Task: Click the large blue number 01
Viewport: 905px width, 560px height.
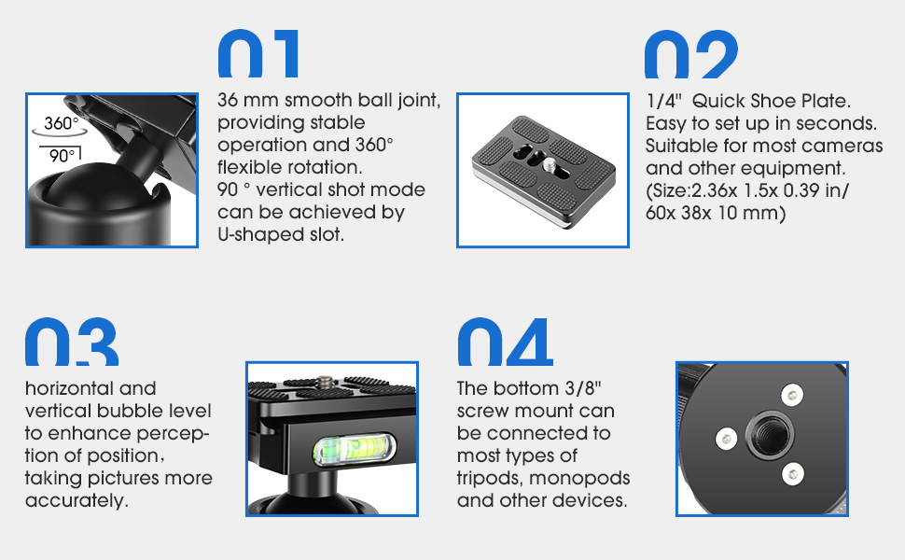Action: (x=258, y=54)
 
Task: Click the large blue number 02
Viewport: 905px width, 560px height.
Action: (x=690, y=54)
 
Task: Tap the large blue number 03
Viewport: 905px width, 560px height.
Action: (x=72, y=342)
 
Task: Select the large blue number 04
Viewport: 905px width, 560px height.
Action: (x=505, y=342)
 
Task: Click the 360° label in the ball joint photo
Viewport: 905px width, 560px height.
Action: (x=62, y=123)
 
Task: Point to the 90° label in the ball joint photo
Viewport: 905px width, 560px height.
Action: (x=63, y=155)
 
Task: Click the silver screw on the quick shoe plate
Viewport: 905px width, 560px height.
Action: (x=548, y=166)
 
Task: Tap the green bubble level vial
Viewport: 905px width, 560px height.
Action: (x=355, y=449)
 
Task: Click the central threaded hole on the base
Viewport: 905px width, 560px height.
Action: (x=770, y=434)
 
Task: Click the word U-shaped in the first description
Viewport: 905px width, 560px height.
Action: (x=258, y=234)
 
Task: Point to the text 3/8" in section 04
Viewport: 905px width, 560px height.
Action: (x=583, y=387)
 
